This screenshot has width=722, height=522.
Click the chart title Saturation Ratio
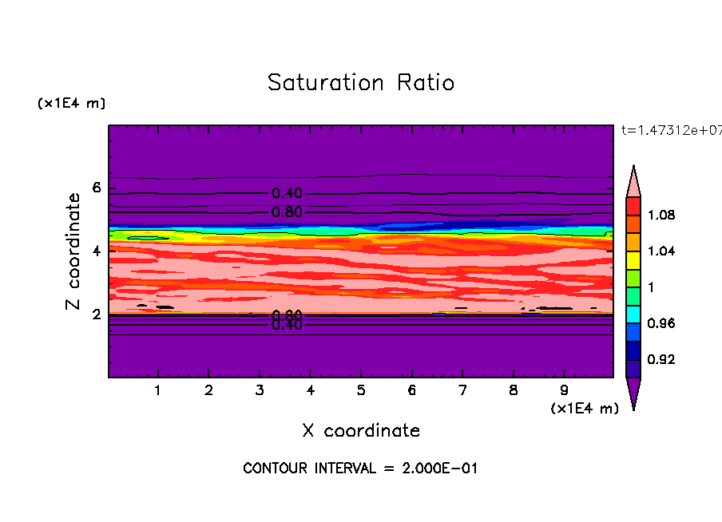coord(360,83)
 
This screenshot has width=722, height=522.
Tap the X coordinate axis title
coord(360,431)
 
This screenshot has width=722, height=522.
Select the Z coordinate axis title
coord(74,251)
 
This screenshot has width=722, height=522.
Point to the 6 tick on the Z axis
coord(97,188)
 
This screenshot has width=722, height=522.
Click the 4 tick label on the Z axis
coord(97,251)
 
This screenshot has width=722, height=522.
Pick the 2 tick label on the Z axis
coord(97,314)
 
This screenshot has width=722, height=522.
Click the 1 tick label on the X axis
coord(158,390)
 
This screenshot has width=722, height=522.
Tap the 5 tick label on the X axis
coord(361,390)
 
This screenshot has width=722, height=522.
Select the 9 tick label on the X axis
coord(564,390)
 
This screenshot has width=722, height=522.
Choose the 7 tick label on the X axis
coord(462,390)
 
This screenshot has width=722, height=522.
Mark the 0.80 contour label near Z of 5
coord(287,212)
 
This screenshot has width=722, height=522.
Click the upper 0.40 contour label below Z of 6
coord(287,193)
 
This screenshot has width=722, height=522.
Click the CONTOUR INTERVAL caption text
coord(360,469)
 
